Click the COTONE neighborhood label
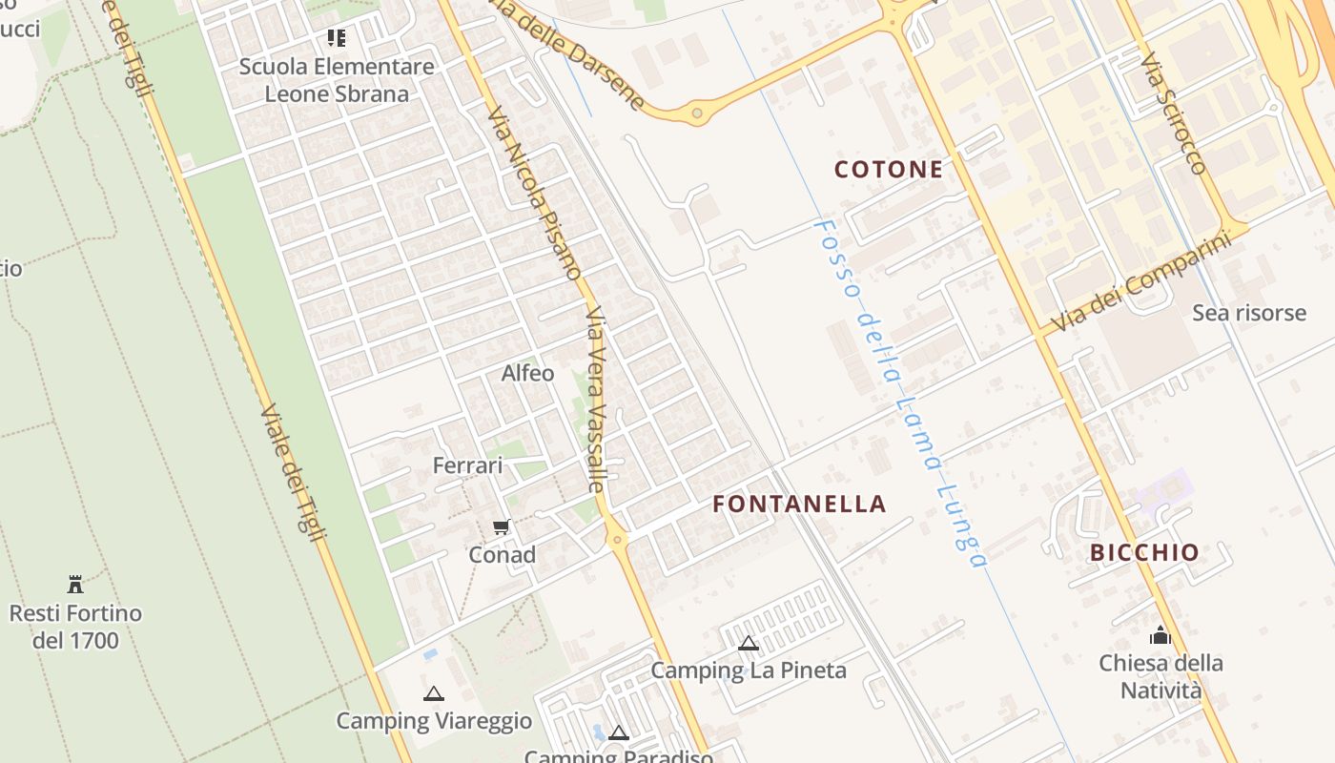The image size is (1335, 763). coord(888,170)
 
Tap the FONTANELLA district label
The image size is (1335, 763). coord(799,504)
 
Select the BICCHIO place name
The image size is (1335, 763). coord(1144,552)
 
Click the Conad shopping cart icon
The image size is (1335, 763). coord(502,527)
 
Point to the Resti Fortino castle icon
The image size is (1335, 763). coord(75,584)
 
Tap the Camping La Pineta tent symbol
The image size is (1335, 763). coord(749,643)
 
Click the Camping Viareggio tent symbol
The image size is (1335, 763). coord(434,693)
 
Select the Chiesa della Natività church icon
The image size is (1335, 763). coord(1160,634)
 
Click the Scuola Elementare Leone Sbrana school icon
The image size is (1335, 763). coord(336,38)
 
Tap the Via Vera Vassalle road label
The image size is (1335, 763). coord(598,399)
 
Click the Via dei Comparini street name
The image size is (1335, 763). coord(1141,282)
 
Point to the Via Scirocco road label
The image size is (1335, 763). coord(1173,113)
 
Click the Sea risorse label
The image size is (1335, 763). coord(1249,313)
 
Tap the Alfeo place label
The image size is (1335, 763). coord(527,373)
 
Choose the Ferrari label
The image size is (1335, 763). coord(467,465)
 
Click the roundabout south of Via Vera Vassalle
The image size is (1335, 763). coord(618,540)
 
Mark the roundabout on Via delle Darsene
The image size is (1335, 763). coord(697,113)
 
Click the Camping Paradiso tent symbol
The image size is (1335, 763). coord(619,733)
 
